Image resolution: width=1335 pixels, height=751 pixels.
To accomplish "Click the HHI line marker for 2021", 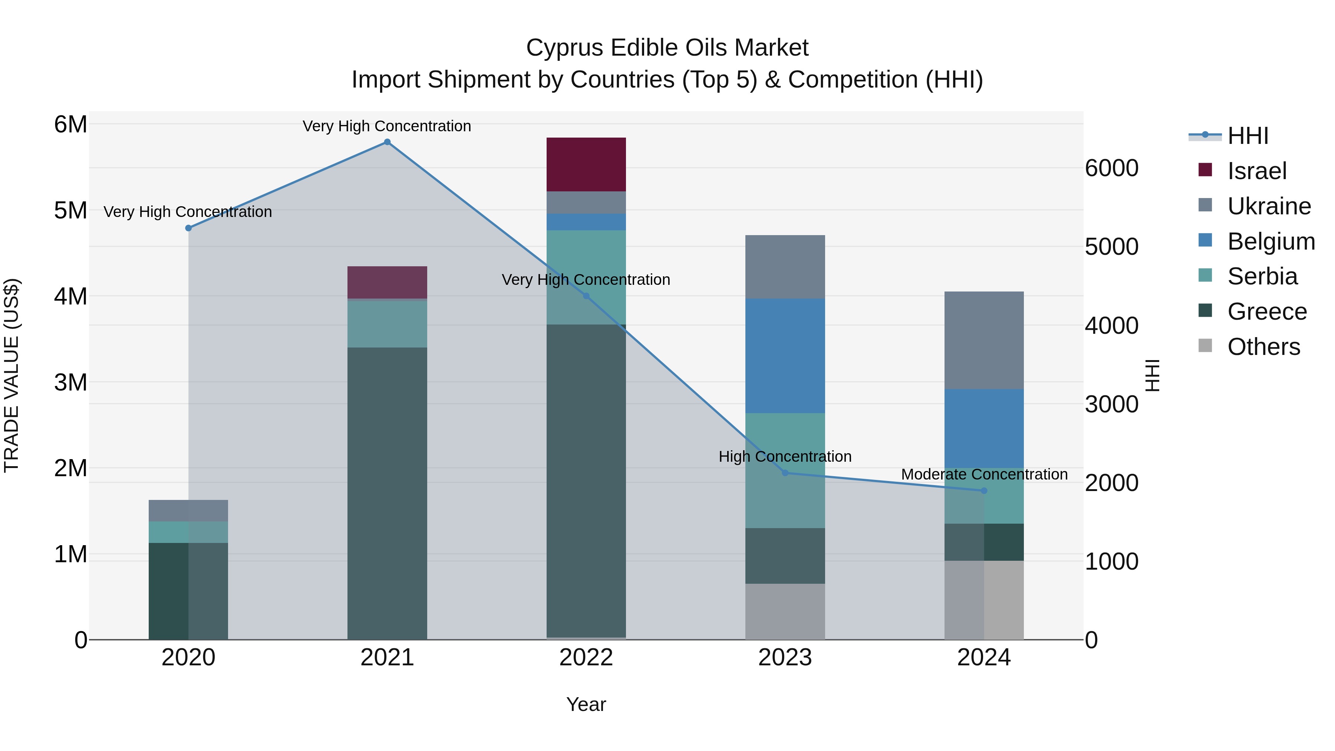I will point(387,142).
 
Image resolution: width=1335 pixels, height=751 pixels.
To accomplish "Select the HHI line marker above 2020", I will point(189,228).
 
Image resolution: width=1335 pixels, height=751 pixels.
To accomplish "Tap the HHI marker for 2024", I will point(984,491).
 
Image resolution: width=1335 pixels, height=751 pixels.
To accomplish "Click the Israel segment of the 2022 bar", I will point(586,164).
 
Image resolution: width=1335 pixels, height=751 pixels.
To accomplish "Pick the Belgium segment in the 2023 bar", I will point(785,356).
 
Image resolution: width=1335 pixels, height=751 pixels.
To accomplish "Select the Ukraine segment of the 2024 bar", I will point(984,340).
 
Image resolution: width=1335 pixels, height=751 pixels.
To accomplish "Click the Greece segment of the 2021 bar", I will point(387,493).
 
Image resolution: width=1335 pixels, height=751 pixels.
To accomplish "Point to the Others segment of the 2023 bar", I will point(785,612).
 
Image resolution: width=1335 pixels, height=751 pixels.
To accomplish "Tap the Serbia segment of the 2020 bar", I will point(189,532).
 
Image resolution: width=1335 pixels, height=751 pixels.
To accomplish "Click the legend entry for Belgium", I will point(1271,241).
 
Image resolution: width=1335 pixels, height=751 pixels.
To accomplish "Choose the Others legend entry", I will point(1263,347).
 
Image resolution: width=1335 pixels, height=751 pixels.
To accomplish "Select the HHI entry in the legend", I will point(1247,136).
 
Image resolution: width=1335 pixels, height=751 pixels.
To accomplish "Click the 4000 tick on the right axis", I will point(1112,326).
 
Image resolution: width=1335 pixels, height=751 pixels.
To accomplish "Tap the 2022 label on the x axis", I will point(586,658).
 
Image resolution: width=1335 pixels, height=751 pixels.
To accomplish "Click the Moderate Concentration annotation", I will point(984,474).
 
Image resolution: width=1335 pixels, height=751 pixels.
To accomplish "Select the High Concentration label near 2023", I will point(785,457).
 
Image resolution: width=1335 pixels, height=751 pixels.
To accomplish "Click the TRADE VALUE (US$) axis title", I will point(11,375).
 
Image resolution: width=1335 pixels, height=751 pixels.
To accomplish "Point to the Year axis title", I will point(586,704).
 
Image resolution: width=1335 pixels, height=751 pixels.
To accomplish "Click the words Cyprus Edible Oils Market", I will point(667,48).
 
